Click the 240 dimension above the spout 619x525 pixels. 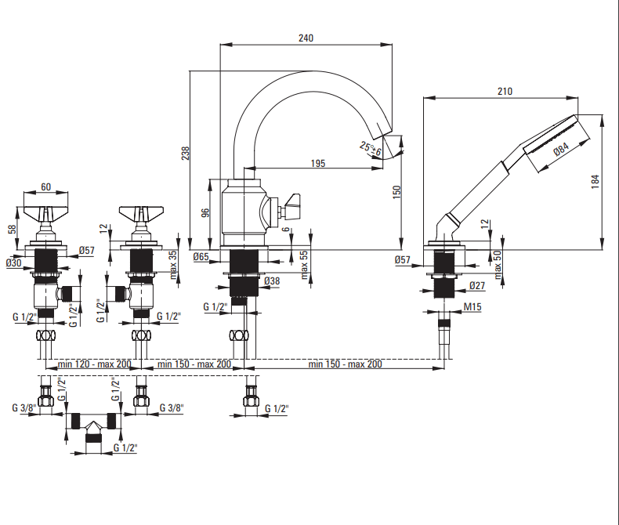point(307,37)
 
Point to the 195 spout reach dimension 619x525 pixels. point(317,164)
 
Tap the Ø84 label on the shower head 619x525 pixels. point(561,149)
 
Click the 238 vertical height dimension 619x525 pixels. point(186,154)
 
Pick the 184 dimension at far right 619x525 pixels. point(595,179)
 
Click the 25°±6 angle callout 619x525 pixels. point(371,147)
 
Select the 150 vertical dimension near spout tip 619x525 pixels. point(396,191)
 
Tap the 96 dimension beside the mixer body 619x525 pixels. point(205,212)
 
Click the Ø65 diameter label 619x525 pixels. point(200,258)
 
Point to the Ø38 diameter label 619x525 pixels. point(272,281)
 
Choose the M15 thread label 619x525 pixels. point(472,307)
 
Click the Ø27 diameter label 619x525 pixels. point(477,286)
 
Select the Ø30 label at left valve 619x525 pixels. point(13,263)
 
